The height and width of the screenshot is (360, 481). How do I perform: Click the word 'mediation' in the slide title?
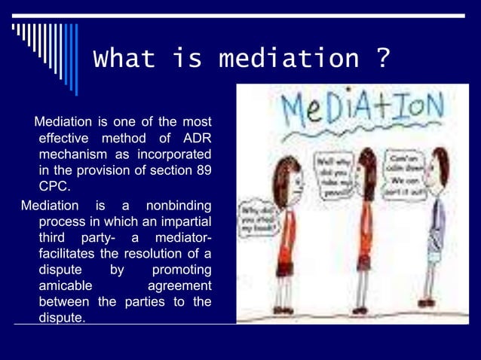click(289, 59)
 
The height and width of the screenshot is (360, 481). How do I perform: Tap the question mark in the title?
click(383, 59)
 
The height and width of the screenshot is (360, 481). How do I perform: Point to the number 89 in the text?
click(203, 169)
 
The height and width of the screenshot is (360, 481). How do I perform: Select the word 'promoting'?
click(182, 270)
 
